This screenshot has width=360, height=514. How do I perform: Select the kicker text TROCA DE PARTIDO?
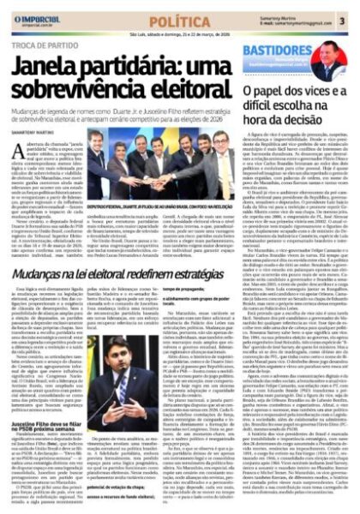click(43, 52)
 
